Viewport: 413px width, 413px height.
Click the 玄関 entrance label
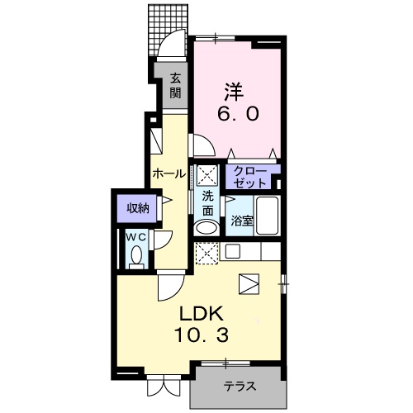(x=175, y=86)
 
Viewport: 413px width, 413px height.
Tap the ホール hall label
(x=169, y=173)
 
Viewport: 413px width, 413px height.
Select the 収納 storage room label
(x=138, y=208)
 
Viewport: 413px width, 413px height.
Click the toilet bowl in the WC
(x=136, y=255)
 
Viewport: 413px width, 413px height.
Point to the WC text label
(x=135, y=237)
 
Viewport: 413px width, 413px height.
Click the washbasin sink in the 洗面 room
(x=206, y=228)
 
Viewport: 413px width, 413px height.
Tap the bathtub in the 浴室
(x=267, y=216)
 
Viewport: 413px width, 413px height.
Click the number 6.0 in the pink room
(x=238, y=113)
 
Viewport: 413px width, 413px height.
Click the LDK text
(x=201, y=314)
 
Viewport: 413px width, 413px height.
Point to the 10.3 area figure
(x=201, y=335)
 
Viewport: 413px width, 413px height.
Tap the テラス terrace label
(x=240, y=387)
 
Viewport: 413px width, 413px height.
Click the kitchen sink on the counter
(x=233, y=250)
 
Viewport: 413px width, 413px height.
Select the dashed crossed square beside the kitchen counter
(x=206, y=253)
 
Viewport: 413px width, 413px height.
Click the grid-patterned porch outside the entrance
(x=168, y=30)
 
